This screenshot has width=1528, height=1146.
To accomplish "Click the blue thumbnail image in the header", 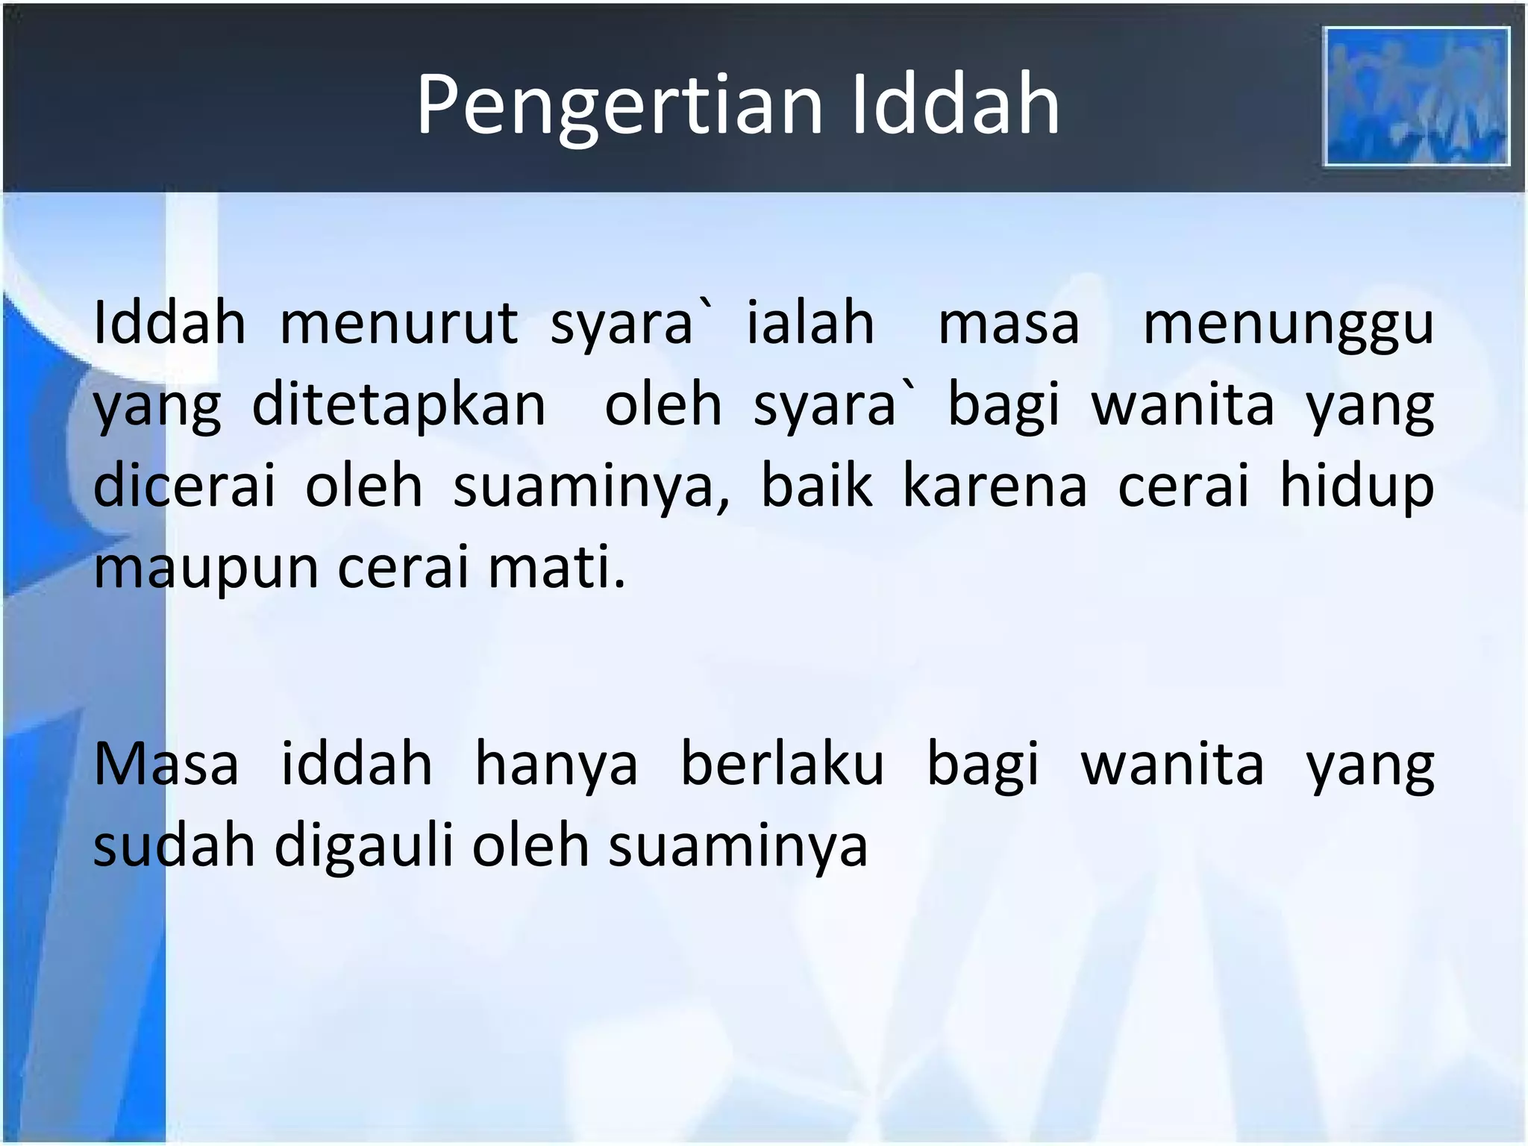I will [x=1416, y=96].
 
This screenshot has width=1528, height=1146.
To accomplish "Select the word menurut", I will [x=398, y=324].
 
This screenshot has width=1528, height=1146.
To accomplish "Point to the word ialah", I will [x=810, y=324].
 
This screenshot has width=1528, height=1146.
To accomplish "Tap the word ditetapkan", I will [x=399, y=406].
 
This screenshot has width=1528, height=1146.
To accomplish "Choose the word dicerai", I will [x=184, y=486].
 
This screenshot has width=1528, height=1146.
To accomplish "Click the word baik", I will [x=816, y=486].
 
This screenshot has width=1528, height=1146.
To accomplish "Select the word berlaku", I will [x=782, y=765].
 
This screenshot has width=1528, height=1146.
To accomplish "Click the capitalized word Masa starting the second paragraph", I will [x=166, y=765].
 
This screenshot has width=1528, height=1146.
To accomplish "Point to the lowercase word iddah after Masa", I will [x=357, y=765].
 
